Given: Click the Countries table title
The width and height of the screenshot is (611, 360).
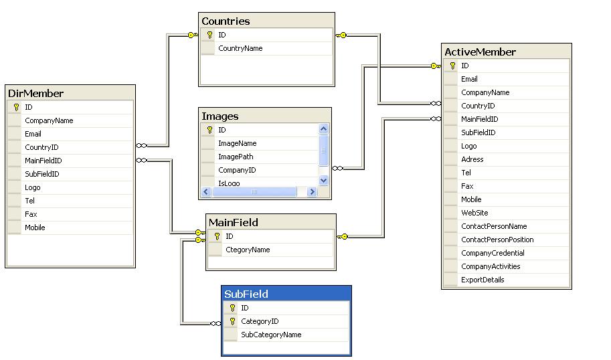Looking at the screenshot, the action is click(x=226, y=21).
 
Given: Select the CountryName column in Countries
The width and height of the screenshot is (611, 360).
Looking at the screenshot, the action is click(x=240, y=48).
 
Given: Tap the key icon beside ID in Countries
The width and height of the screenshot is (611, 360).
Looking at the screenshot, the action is click(x=209, y=35).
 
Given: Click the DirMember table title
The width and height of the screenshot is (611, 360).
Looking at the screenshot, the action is click(x=35, y=94).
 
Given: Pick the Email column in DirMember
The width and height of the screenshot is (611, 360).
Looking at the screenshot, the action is click(x=33, y=134).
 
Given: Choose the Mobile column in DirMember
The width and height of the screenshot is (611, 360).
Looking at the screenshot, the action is click(x=35, y=228).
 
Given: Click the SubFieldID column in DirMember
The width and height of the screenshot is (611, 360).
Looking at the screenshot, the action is click(x=42, y=174).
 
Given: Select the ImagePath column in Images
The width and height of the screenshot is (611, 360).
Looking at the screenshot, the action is click(x=236, y=157).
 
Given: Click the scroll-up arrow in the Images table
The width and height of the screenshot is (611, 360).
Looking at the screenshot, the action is click(x=323, y=128).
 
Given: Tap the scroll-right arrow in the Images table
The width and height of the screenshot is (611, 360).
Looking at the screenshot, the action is click(x=312, y=191).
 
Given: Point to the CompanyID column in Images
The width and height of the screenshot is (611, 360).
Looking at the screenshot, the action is click(x=237, y=170).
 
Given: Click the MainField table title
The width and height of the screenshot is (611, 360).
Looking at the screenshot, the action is click(x=234, y=222).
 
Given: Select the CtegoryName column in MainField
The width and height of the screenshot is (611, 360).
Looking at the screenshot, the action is click(x=248, y=250).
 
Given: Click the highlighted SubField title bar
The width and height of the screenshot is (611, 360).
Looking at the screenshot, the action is click(x=286, y=294).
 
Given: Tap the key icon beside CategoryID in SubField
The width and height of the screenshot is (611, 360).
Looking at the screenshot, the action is click(x=233, y=321).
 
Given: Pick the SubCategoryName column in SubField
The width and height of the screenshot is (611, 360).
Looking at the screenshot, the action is click(x=271, y=335).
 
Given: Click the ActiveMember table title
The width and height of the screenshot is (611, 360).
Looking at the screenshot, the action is click(x=480, y=52).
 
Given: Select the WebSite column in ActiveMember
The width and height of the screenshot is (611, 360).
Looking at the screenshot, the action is click(x=474, y=213).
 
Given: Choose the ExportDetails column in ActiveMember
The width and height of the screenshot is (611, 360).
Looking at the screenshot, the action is click(x=483, y=280).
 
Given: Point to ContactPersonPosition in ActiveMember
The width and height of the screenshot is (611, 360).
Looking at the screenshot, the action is click(x=497, y=240).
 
